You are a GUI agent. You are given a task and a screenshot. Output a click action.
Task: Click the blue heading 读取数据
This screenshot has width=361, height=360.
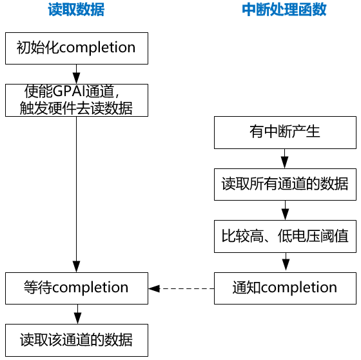(76, 10)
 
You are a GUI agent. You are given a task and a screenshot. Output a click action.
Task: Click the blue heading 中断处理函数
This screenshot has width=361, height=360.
(284, 10)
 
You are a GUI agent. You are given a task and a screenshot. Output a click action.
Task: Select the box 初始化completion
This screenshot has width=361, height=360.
(76, 48)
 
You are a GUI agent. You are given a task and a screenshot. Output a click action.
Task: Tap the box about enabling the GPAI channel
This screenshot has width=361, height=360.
(76, 99)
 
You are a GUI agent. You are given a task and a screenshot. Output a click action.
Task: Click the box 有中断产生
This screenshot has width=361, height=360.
(284, 133)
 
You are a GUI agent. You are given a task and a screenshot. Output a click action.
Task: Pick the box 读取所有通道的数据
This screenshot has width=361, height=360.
(284, 185)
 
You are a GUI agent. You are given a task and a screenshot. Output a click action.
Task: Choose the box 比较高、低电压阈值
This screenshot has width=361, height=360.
(284, 236)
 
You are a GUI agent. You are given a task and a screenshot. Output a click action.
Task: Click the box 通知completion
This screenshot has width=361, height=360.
(284, 288)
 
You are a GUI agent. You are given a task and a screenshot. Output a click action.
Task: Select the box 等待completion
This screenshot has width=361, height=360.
(76, 288)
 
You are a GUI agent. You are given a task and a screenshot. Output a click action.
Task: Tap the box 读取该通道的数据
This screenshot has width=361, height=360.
(76, 339)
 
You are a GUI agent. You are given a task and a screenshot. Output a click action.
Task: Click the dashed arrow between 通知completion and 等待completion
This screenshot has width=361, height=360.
(181, 288)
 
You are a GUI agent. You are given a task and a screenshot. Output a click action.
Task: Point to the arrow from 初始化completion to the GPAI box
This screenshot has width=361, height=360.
(76, 73)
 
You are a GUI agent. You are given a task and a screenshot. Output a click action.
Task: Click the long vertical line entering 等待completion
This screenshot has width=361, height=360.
(76, 194)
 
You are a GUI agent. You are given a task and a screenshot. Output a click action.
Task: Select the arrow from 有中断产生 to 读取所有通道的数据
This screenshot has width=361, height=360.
(284, 159)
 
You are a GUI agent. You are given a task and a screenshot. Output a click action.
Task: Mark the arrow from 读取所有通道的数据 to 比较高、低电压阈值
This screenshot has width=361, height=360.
(284, 210)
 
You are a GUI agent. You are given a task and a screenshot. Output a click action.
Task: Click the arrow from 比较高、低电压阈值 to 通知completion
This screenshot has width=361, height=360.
(284, 262)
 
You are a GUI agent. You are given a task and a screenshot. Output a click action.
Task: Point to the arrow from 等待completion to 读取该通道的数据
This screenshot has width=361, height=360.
(76, 314)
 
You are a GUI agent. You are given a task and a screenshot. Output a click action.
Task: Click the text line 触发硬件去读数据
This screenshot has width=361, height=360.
(76, 108)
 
